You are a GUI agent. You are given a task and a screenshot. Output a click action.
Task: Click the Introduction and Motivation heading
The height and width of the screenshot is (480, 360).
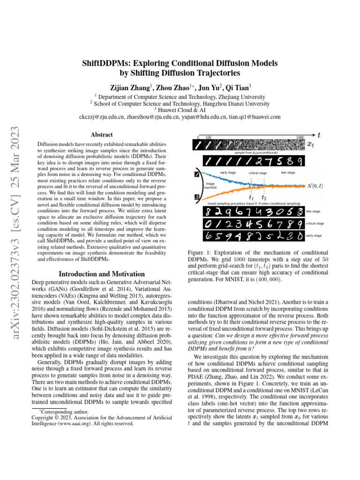101,274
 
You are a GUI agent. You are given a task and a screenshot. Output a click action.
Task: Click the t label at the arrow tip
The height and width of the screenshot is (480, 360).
319,135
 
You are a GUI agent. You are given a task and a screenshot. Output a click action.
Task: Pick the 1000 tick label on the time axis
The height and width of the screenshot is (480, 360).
300,137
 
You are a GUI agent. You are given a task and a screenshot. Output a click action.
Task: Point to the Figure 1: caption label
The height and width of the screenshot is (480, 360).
200,252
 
